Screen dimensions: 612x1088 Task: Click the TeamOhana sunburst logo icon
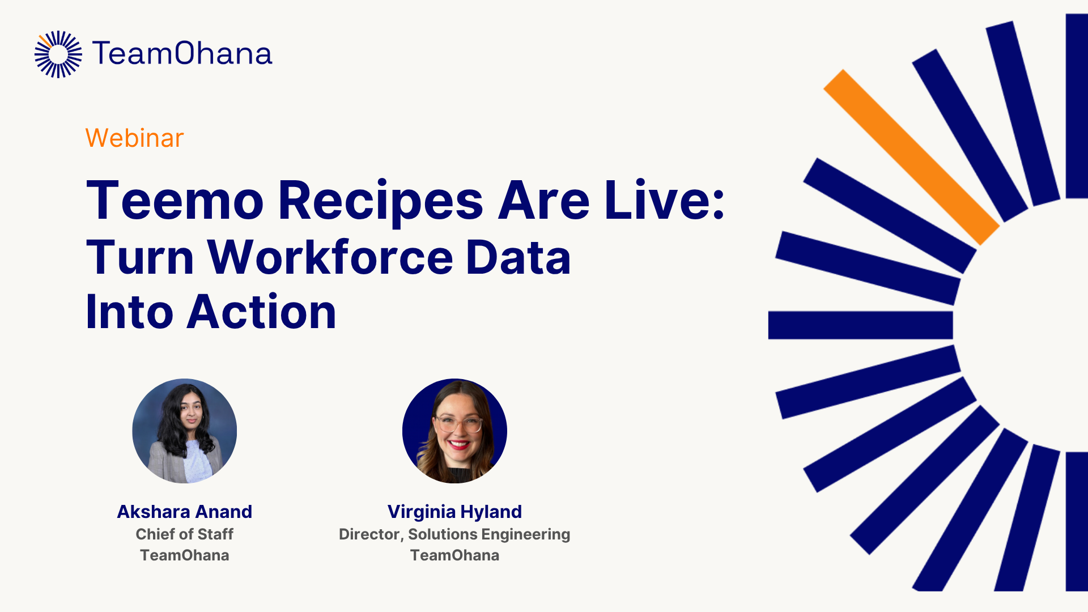[58, 54]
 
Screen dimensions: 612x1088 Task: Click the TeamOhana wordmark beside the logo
[182, 54]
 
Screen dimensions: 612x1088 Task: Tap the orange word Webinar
[134, 138]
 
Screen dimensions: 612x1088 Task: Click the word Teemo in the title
[175, 201]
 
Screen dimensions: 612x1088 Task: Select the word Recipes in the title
[380, 201]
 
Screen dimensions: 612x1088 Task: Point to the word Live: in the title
[664, 201]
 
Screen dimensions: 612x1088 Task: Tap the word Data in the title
[518, 258]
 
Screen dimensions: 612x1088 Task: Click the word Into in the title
[129, 312]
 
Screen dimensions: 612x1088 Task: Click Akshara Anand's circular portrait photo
[185, 431]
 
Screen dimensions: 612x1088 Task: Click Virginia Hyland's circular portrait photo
[454, 431]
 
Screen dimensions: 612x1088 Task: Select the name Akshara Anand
[185, 512]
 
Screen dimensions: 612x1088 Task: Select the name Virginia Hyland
[454, 512]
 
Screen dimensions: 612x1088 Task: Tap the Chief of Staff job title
[185, 534]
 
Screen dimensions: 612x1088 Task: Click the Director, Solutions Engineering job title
[454, 534]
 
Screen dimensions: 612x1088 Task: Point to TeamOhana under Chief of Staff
[185, 555]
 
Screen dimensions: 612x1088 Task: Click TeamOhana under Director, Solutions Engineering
[454, 555]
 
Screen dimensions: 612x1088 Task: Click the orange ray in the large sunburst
[911, 157]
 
